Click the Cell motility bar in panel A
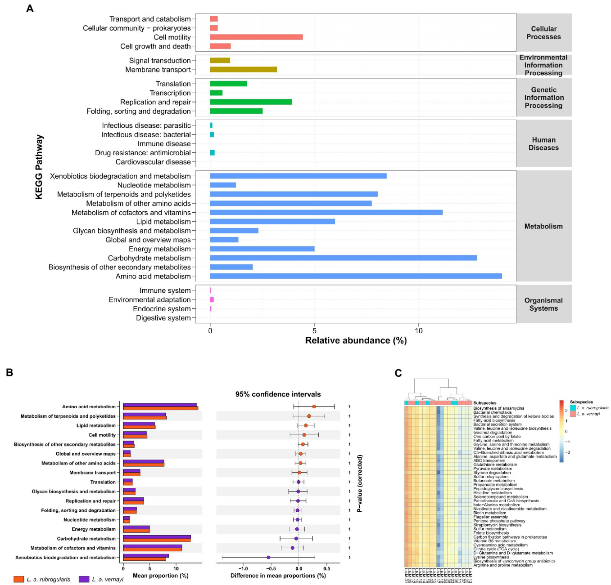click(256, 37)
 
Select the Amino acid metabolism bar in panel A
click(356, 276)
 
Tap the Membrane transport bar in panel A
click(243, 69)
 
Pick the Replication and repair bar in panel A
click(251, 102)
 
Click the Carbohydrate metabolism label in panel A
click(149, 258)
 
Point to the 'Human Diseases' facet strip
click(543, 144)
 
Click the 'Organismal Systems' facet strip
click(543, 304)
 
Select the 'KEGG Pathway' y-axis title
click(39, 167)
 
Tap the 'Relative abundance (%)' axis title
click(356, 340)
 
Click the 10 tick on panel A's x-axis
click(419, 331)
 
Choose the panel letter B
click(9, 373)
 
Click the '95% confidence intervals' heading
click(278, 394)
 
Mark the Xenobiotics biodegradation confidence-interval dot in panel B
click(268, 557)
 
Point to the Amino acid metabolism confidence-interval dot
click(314, 406)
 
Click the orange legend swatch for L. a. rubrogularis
click(18, 579)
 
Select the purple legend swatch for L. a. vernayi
click(84, 579)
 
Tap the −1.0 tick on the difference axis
click(243, 569)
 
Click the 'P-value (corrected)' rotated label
click(359, 483)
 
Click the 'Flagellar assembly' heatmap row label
click(490, 517)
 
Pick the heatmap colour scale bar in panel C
click(561, 432)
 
